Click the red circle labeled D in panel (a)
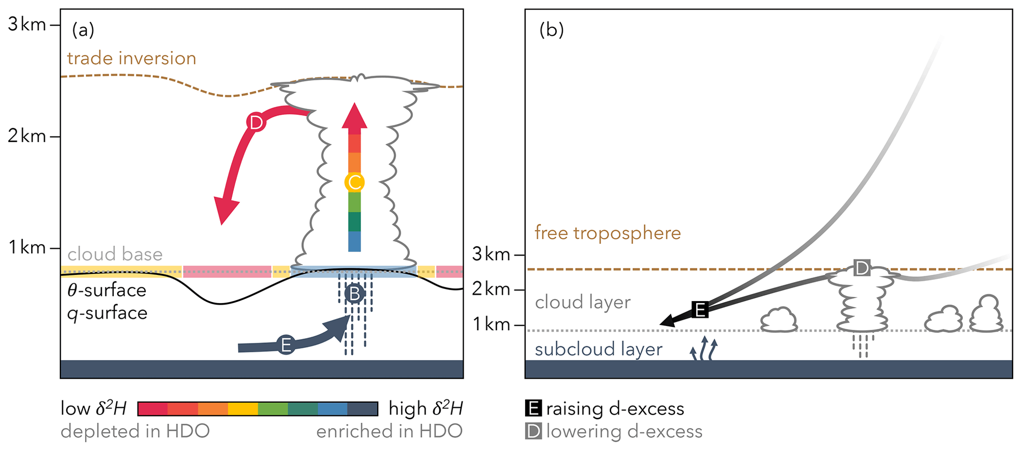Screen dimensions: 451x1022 pos(256,122)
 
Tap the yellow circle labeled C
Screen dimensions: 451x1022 pos(355,182)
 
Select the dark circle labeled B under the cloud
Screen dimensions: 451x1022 pos(355,294)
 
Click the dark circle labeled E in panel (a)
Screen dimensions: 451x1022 pos(286,345)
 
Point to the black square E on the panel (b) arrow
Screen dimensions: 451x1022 pos(700,310)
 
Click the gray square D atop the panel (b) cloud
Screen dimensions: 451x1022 pos(862,268)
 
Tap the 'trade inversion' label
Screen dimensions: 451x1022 pos(132,58)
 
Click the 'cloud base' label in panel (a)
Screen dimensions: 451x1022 pos(115,254)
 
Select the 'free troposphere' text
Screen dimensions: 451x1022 pos(608,233)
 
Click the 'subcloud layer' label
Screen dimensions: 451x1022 pos(598,349)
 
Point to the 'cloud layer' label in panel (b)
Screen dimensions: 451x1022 pos(582,302)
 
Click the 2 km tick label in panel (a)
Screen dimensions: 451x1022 pos(27,136)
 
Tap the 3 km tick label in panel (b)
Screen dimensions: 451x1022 pos(491,254)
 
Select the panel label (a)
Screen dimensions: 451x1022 pos(83,31)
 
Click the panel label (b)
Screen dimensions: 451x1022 pos(551,31)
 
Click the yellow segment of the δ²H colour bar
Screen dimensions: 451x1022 pos(243,409)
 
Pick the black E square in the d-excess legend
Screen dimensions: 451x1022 pos(533,408)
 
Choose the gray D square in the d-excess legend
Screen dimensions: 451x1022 pos(533,431)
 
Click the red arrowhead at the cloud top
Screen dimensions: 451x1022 pos(355,116)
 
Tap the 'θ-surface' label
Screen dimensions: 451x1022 pos(107,290)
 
